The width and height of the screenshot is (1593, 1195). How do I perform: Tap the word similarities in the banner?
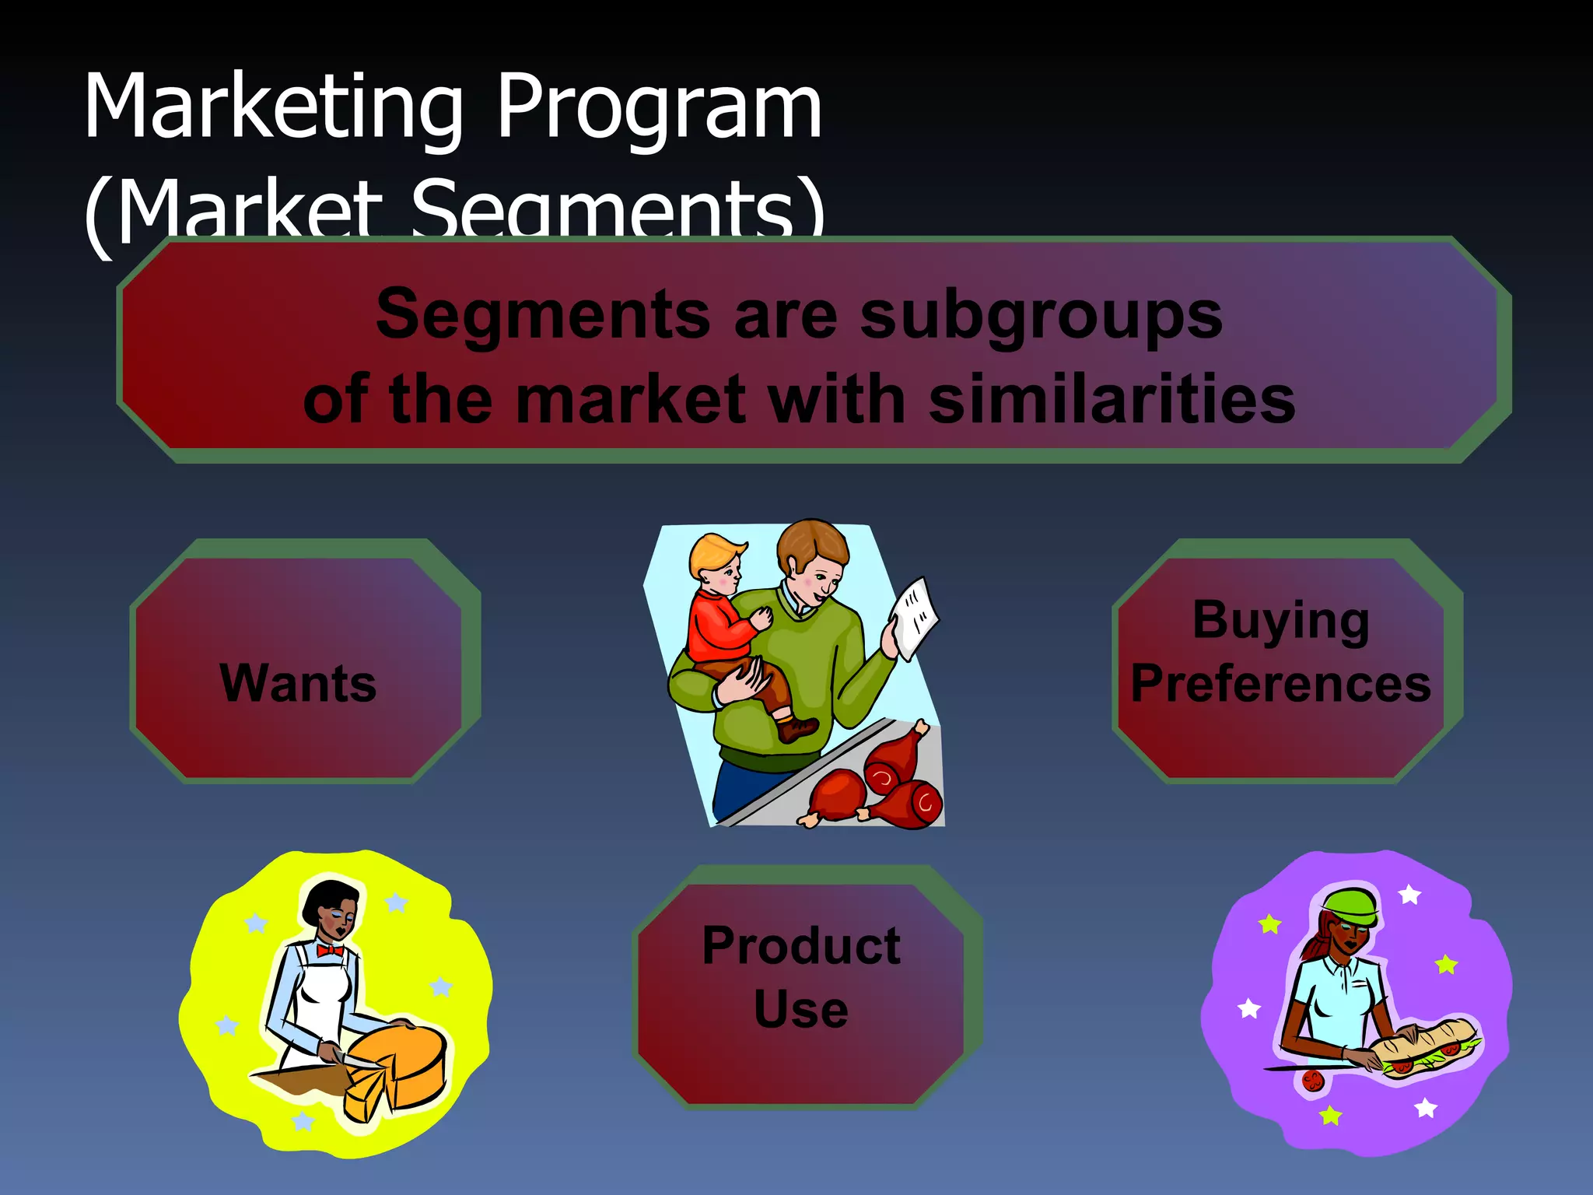(x=1112, y=400)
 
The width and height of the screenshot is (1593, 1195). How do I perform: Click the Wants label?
(x=298, y=683)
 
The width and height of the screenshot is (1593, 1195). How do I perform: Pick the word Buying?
(x=1280, y=621)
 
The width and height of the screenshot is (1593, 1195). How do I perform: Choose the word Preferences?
(x=1280, y=684)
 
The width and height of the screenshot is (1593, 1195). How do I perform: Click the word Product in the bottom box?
(x=801, y=946)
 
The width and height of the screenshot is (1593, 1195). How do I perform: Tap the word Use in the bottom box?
(x=801, y=1009)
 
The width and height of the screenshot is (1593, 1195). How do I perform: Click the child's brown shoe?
(x=797, y=729)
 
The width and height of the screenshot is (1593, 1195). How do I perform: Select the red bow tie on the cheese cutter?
(x=330, y=951)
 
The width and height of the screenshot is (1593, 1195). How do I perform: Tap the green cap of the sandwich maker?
(x=1352, y=904)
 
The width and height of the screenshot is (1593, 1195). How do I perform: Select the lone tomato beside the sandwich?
(x=1313, y=1081)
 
